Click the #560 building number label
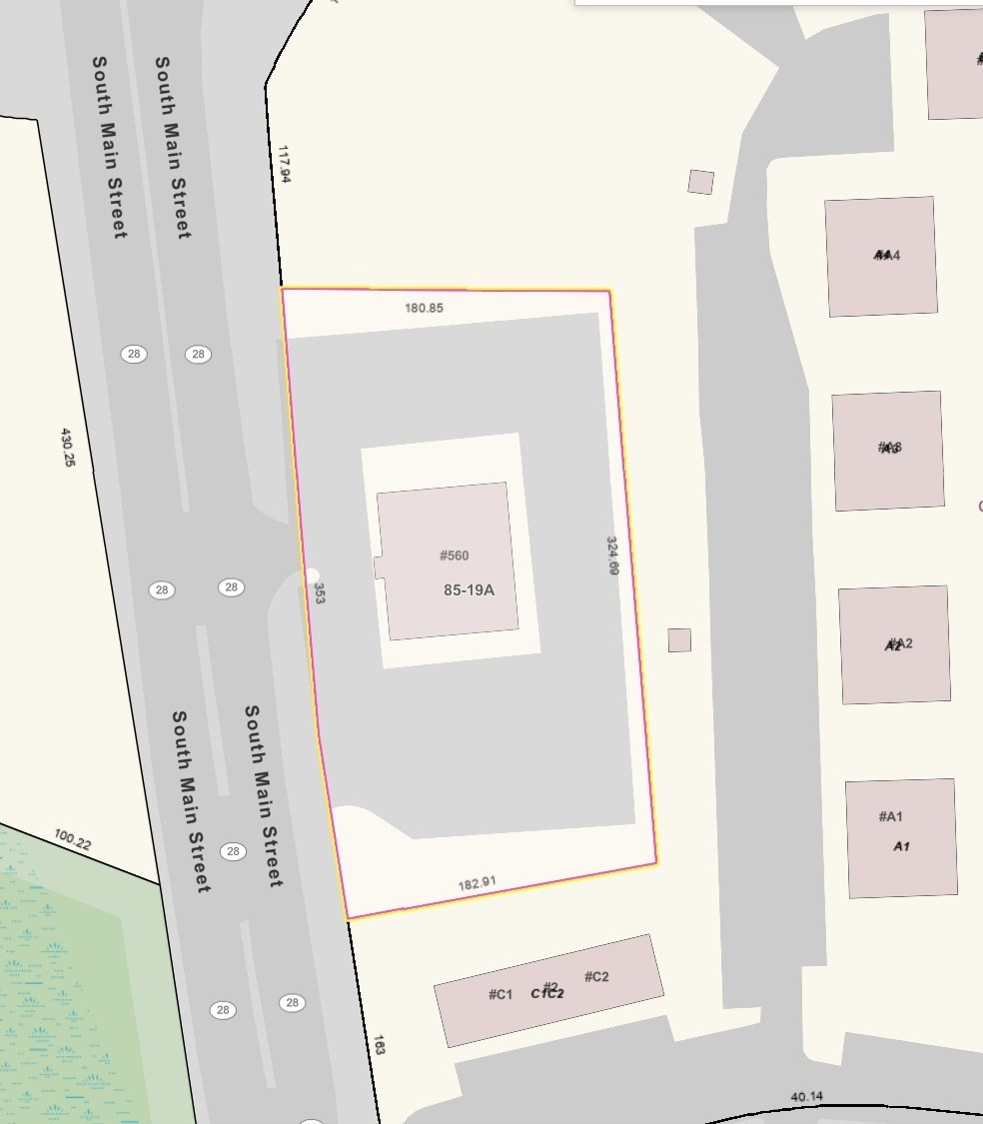tap(454, 556)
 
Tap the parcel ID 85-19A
tap(469, 590)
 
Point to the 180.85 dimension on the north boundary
tap(424, 308)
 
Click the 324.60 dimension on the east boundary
tap(612, 556)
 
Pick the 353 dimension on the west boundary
tap(320, 593)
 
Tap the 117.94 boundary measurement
tap(285, 164)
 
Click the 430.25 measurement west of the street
tap(68, 448)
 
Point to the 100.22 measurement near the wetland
tap(72, 840)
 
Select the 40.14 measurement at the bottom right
tap(806, 1097)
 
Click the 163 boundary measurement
tap(380, 1045)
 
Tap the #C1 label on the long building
tap(500, 994)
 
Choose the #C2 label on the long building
tap(596, 976)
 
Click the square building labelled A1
tap(901, 837)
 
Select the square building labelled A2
tap(894, 644)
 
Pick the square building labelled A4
tap(880, 256)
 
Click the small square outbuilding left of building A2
tap(679, 640)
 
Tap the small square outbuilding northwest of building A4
tap(700, 182)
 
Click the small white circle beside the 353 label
tap(312, 573)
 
